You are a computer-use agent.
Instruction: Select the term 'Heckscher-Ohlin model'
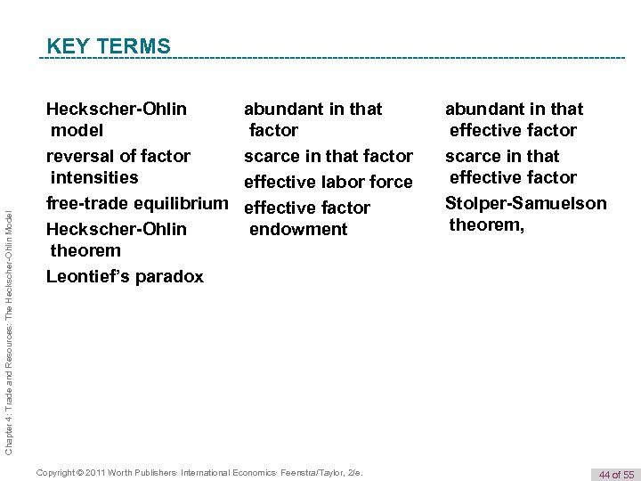(117, 119)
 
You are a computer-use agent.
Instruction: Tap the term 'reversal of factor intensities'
(118, 167)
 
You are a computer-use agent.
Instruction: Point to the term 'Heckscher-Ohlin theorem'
(117, 240)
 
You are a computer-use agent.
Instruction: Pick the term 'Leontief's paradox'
(125, 276)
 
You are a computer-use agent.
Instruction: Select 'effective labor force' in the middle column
(329, 183)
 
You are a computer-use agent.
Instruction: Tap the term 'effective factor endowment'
(307, 218)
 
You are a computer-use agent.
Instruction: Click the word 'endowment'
(298, 229)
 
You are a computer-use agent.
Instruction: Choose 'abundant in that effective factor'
(514, 119)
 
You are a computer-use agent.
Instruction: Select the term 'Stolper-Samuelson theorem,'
(526, 214)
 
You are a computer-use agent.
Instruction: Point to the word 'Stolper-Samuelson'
(526, 203)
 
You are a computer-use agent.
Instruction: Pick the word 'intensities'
(94, 177)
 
